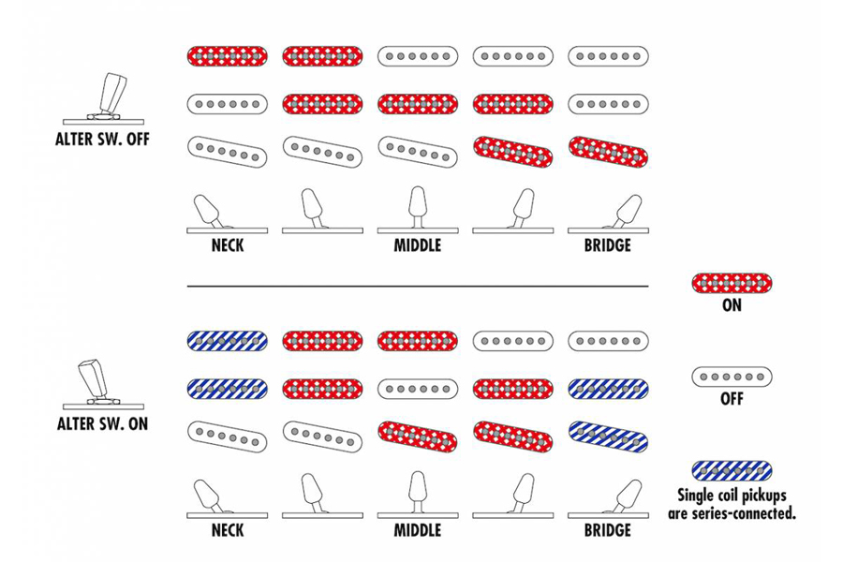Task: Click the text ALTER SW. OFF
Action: coord(102,140)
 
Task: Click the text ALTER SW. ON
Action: coord(102,423)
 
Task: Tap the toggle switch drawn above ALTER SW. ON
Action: coord(103,382)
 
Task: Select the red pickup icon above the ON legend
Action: coord(732,283)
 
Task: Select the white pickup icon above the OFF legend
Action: coord(732,377)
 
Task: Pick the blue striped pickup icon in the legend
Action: coord(732,470)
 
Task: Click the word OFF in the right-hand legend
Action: coord(732,398)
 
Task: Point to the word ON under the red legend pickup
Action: coord(732,305)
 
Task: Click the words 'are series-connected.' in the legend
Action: coord(732,513)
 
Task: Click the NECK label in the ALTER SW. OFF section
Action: coord(228,245)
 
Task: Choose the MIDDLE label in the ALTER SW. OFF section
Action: coord(418,245)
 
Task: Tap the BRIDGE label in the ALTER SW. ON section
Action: coord(608,530)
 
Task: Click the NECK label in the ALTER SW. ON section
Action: coord(228,530)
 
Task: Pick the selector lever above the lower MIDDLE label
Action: coord(418,495)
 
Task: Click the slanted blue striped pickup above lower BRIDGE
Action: coord(608,436)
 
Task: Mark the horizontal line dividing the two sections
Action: coord(418,287)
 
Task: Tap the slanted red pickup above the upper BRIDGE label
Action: coord(608,152)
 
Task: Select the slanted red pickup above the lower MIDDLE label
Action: coord(418,436)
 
